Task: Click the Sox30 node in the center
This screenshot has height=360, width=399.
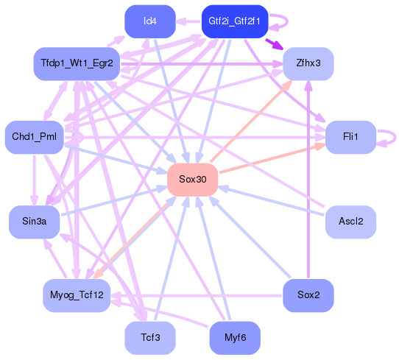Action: click(x=192, y=180)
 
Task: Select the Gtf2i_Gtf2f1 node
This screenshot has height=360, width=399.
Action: click(x=233, y=21)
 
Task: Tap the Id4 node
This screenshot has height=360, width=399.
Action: click(x=149, y=21)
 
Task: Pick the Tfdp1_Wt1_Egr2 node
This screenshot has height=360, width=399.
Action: click(x=77, y=64)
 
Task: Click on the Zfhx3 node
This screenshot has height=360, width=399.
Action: click(x=308, y=63)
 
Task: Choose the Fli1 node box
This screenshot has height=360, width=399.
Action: click(x=350, y=137)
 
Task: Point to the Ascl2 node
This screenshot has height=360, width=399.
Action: click(x=350, y=222)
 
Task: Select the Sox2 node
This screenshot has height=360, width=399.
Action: click(x=308, y=295)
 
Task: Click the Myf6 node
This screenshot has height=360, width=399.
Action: click(x=234, y=337)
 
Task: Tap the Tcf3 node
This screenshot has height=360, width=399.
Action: click(x=149, y=337)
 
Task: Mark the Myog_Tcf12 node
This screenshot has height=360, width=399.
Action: click(x=76, y=295)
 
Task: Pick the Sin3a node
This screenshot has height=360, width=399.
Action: click(x=34, y=222)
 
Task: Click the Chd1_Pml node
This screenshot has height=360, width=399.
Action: click(x=34, y=137)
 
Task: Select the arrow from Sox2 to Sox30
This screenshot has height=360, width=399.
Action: click(x=250, y=238)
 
